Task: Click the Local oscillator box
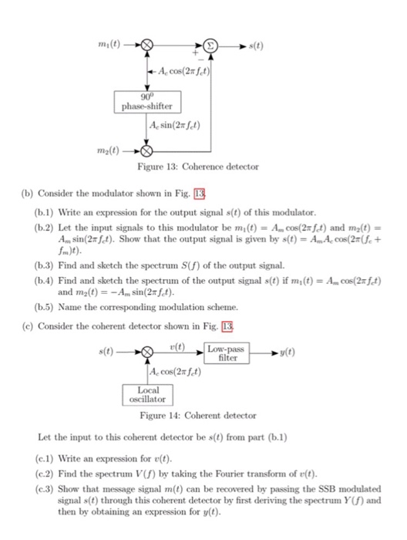[x=147, y=395]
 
